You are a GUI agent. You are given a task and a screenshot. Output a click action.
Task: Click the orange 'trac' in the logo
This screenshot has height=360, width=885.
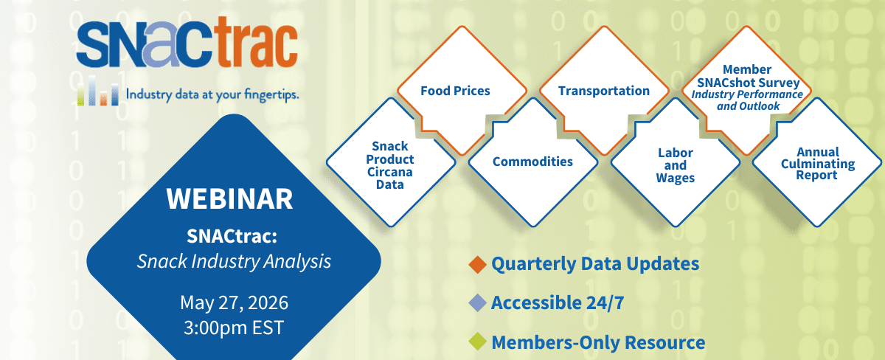pos(257,42)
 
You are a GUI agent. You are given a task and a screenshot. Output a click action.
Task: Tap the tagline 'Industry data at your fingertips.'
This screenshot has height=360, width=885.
pos(212,95)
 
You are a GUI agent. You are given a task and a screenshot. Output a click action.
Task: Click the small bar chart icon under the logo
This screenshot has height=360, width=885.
pos(98,91)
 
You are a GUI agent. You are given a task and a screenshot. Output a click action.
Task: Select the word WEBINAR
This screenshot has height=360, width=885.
pos(229,198)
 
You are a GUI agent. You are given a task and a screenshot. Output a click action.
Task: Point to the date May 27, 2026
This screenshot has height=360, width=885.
pos(234,302)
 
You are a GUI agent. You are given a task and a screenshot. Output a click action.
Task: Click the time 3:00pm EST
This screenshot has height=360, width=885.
pos(234,328)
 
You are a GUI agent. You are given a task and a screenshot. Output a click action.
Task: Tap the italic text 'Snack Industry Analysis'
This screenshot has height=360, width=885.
pos(234,261)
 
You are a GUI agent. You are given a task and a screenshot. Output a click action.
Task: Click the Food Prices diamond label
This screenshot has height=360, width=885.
pos(455,91)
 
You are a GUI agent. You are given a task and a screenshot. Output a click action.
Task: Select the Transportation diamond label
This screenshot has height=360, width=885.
pos(604,91)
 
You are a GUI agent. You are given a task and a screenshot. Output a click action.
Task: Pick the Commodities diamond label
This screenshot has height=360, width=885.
pos(532,162)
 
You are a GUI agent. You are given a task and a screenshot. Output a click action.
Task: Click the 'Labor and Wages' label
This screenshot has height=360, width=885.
pos(676,165)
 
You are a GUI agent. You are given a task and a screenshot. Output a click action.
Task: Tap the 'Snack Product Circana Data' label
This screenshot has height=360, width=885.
pos(390,165)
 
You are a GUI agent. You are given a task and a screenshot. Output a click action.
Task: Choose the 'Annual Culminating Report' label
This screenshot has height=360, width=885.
pos(818,164)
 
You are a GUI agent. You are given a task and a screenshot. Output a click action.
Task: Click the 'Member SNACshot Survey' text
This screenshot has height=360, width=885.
pos(748,76)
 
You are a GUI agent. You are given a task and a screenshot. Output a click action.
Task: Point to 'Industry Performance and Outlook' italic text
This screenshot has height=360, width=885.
pos(748,100)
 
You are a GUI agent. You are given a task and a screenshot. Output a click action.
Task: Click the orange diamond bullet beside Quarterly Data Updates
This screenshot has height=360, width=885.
pos(478,264)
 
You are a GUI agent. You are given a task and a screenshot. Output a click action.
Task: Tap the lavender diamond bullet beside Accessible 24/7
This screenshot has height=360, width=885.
pos(478,303)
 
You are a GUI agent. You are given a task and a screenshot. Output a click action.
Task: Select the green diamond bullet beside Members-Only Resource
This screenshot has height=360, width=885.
pos(478,342)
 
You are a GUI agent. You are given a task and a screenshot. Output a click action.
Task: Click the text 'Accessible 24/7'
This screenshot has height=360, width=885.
pos(558,303)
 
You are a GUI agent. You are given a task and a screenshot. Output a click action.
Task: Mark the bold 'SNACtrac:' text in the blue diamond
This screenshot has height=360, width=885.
pos(232,236)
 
